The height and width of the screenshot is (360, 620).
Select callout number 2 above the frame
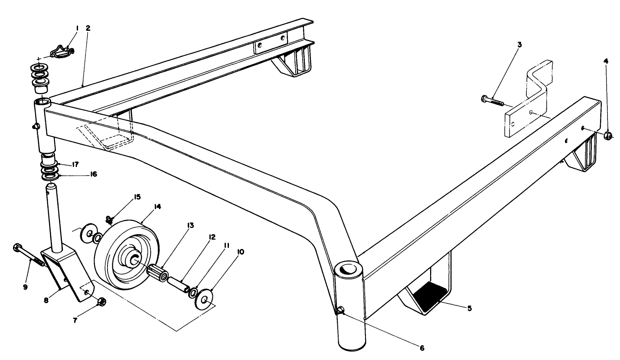(88, 28)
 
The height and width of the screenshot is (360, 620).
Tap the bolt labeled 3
(493, 100)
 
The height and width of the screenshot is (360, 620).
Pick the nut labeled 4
(608, 137)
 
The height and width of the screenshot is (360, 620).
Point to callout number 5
(470, 308)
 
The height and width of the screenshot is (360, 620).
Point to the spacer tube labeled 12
(177, 282)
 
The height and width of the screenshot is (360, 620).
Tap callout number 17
(75, 164)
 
